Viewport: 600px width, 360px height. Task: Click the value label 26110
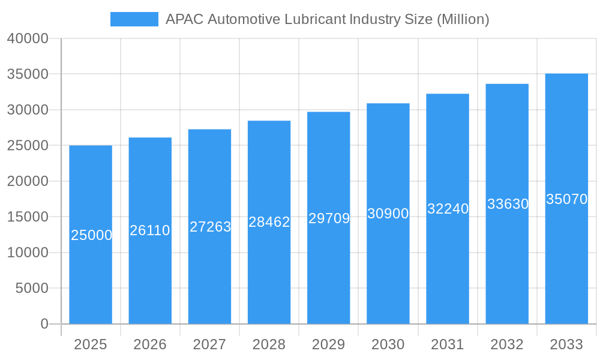[x=150, y=230]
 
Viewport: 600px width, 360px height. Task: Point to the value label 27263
[x=210, y=227]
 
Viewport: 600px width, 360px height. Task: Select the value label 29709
[x=329, y=218]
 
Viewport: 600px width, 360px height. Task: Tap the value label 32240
[x=448, y=209]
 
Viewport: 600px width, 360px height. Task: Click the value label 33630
[x=508, y=204]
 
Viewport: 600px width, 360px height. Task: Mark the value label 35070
[x=566, y=199]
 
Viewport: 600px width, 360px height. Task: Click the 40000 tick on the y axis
[x=28, y=38]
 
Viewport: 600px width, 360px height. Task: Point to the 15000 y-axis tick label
[x=28, y=217]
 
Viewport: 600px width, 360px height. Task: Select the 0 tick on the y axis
[x=44, y=324]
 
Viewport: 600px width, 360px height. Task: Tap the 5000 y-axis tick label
[x=31, y=289]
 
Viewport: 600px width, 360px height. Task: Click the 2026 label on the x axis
[x=150, y=344]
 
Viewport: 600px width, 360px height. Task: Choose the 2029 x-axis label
[x=329, y=344]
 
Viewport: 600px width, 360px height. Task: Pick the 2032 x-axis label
[x=507, y=344]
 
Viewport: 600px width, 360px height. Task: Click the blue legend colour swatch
[x=134, y=19]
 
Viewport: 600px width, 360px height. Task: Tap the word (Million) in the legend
[x=463, y=19]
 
